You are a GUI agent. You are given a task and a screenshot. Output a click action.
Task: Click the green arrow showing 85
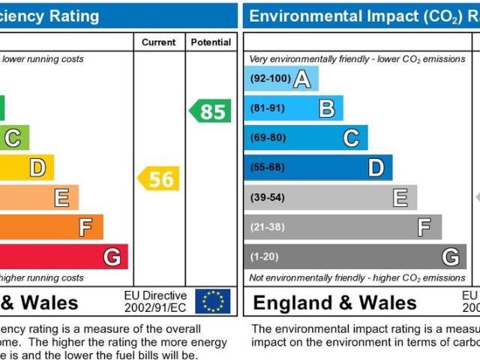pyautogui.click(x=210, y=112)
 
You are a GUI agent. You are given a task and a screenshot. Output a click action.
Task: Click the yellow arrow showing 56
pyautogui.click(x=159, y=178)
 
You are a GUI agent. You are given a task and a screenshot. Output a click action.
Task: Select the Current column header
pyautogui.click(x=159, y=43)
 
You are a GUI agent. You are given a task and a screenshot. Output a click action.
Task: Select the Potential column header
pyautogui.click(x=211, y=43)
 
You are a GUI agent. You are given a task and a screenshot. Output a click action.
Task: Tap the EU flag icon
pyautogui.click(x=213, y=301)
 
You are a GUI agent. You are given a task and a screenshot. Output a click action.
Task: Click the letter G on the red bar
pyautogui.click(x=112, y=257)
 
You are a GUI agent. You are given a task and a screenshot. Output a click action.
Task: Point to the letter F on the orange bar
pyautogui.click(x=86, y=227)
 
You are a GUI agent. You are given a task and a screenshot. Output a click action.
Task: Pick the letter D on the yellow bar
pyautogui.click(x=37, y=167)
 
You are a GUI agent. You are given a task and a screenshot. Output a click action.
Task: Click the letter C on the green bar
pyautogui.click(x=13, y=137)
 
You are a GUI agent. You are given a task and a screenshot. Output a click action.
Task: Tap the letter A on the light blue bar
pyautogui.click(x=301, y=78)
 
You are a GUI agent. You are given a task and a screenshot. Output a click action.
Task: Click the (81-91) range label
pyautogui.click(x=267, y=108)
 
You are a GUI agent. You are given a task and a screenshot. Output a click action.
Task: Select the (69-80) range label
pyautogui.click(x=267, y=137)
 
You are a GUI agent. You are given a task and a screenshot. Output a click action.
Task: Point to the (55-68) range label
pyautogui.click(x=267, y=167)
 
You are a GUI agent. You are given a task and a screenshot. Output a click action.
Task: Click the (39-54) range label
pyautogui.click(x=267, y=197)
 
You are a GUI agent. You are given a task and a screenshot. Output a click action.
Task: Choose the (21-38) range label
pyautogui.click(x=267, y=227)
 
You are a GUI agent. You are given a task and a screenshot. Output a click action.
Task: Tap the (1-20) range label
pyautogui.click(x=264, y=257)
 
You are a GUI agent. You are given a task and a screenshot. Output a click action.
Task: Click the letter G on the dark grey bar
pyautogui.click(x=450, y=257)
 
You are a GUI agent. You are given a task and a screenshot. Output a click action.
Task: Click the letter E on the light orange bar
pyautogui.click(x=61, y=197)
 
